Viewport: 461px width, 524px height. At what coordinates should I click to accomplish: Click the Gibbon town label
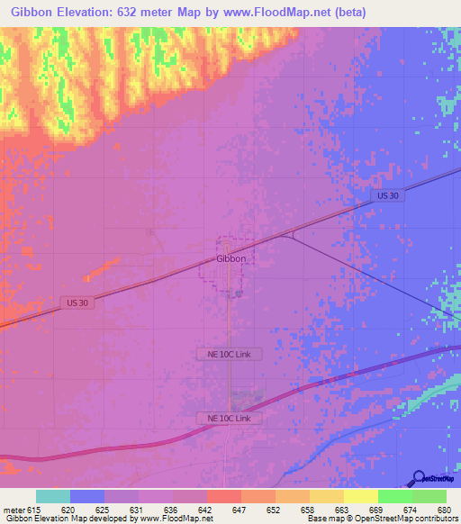click(x=230, y=258)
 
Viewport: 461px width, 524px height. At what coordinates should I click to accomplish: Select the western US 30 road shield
click(x=77, y=303)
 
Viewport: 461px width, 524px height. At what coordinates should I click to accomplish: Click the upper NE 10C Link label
click(x=230, y=354)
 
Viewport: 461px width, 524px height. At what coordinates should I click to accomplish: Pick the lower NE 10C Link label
click(x=230, y=419)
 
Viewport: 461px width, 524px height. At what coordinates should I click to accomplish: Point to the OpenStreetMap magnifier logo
click(x=419, y=477)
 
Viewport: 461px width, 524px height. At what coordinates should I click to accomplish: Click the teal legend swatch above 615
click(x=53, y=496)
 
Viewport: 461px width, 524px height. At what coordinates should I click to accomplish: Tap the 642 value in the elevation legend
click(x=204, y=510)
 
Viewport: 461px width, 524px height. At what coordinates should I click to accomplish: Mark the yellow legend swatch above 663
click(x=326, y=496)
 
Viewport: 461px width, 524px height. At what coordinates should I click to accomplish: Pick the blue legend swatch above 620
click(x=87, y=496)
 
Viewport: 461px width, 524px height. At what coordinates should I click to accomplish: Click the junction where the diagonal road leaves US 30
click(x=289, y=235)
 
